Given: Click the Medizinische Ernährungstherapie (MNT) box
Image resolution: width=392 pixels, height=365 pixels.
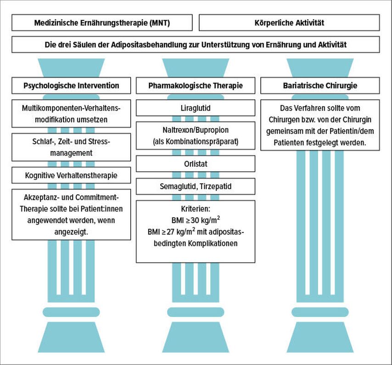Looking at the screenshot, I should [x=102, y=22].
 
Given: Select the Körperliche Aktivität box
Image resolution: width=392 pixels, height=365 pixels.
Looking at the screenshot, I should [x=289, y=22].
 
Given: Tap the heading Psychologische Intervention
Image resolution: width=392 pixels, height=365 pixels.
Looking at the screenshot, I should [x=71, y=85].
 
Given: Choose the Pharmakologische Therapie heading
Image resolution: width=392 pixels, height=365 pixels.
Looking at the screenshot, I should [x=196, y=85].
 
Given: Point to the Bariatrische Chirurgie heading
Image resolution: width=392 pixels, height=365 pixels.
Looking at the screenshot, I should [x=320, y=85].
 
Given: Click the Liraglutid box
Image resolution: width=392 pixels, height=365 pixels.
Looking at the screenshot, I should [x=196, y=108].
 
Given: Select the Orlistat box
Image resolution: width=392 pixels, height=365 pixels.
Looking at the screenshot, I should [x=196, y=163].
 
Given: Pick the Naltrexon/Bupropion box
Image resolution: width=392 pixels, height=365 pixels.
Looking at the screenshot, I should [x=196, y=135].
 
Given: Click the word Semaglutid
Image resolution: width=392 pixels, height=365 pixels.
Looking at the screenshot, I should [x=177, y=186].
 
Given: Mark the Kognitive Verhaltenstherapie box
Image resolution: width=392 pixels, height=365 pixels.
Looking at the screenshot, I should [x=71, y=175].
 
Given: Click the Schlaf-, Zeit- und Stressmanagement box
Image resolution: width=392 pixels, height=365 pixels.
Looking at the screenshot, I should [x=71, y=146].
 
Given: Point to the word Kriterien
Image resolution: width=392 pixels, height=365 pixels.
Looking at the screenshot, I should [x=196, y=209].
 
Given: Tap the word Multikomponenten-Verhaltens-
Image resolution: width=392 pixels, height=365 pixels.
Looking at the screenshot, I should [x=71, y=108].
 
